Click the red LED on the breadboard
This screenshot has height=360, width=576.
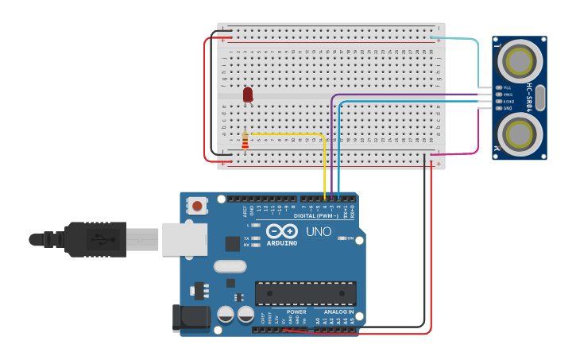(x=248, y=95)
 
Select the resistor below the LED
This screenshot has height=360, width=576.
(x=245, y=141)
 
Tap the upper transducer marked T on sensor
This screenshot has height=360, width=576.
(x=520, y=60)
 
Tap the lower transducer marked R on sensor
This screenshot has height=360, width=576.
(x=520, y=132)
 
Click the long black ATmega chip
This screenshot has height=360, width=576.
(x=305, y=292)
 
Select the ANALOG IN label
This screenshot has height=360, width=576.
(x=339, y=312)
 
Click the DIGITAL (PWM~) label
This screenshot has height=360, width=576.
(x=316, y=215)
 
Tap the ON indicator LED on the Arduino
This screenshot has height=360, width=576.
(x=342, y=238)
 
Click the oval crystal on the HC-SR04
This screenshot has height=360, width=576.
(x=541, y=97)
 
